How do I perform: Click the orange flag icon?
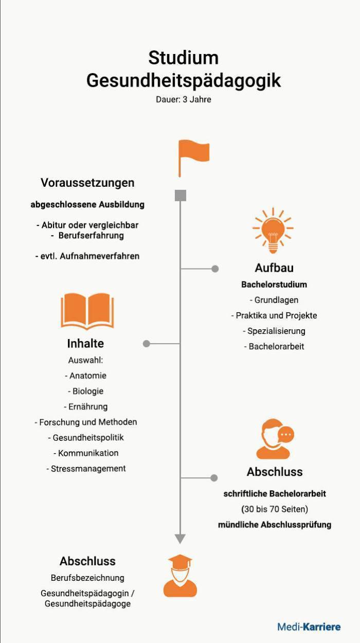[193, 155]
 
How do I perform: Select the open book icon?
[87, 311]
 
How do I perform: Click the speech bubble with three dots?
[286, 434]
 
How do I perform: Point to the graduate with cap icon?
[180, 576]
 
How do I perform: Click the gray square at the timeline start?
[181, 195]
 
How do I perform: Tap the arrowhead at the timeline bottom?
[180, 539]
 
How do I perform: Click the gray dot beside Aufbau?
[215, 269]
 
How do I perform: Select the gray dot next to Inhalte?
[147, 343]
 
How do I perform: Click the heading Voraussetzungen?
[87, 183]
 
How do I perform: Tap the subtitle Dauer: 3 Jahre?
[184, 99]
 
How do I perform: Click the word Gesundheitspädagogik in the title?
[184, 81]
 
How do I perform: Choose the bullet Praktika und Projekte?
[274, 315]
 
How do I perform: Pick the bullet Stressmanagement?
[86, 469]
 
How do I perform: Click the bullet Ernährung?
[86, 406]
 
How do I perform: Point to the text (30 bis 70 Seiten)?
[275, 509]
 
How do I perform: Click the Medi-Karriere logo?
[309, 627]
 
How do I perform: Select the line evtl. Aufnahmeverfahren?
[87, 256]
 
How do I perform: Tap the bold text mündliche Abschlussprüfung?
[275, 525]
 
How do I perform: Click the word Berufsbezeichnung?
[87, 578]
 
